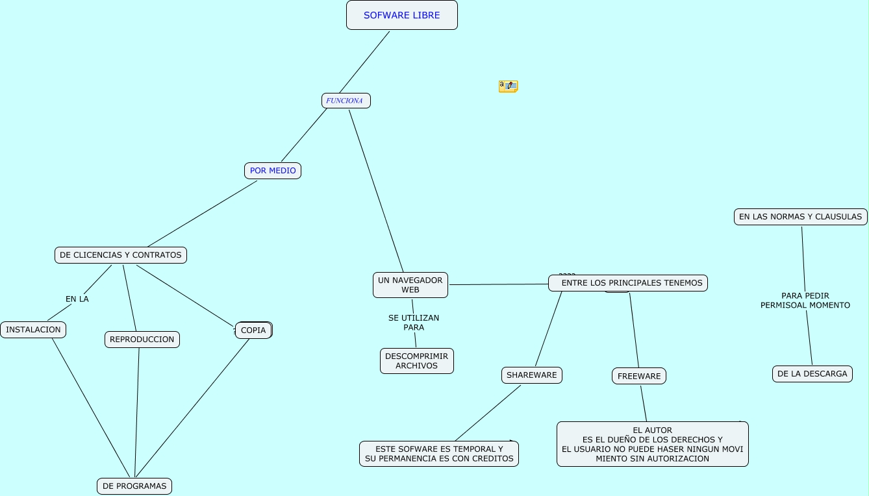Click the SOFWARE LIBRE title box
click(401, 15)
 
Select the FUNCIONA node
click(346, 101)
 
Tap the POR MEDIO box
click(273, 171)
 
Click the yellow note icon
click(508, 86)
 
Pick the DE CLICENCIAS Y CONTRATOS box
click(121, 255)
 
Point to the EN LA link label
click(77, 299)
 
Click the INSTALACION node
click(33, 330)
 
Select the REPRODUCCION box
click(142, 340)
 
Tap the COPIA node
click(253, 330)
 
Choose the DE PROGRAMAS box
click(134, 486)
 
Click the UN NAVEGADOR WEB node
click(410, 285)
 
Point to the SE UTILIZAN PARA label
click(414, 323)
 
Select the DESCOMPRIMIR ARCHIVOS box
click(417, 361)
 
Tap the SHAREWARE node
click(532, 375)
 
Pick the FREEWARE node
click(639, 377)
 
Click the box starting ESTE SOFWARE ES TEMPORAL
click(439, 454)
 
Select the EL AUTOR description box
click(653, 444)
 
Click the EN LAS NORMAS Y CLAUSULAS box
click(801, 217)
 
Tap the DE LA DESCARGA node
click(812, 374)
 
